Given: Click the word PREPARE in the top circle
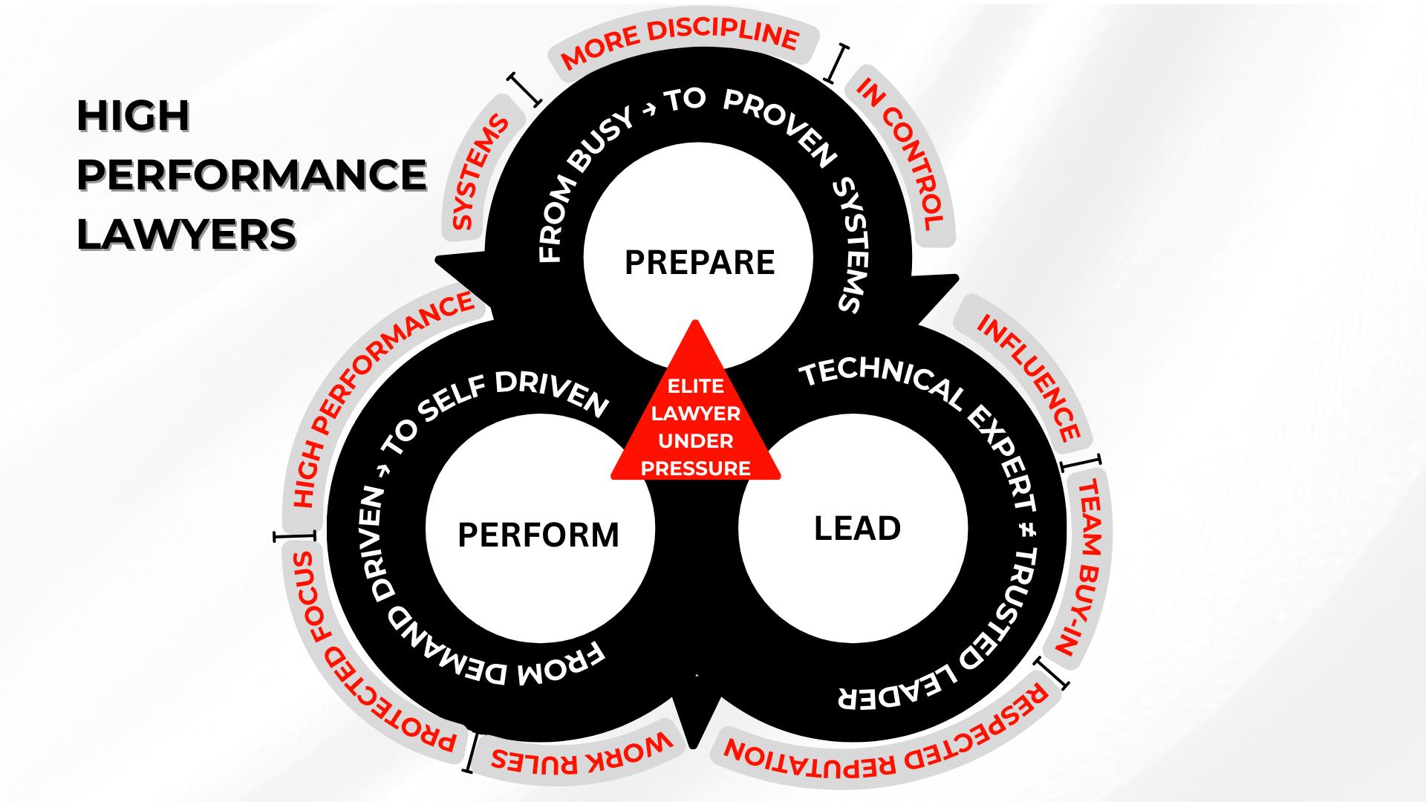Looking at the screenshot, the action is point(700,263).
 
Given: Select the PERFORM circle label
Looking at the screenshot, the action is point(538,535).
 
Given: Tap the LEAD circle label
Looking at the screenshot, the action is point(858,529).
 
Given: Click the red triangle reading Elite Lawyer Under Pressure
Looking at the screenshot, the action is point(696,416).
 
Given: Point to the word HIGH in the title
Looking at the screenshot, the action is point(134,116).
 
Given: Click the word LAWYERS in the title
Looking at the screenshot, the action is point(186,235).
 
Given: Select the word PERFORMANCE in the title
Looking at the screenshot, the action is point(252,175).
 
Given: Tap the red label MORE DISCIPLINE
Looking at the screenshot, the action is point(680,42).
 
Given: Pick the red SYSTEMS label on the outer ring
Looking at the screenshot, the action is point(479,172).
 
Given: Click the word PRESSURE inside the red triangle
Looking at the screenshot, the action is point(696,469).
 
